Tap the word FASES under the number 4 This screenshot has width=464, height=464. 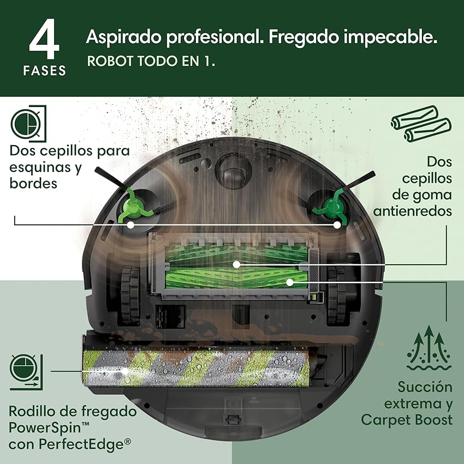pyautogui.click(x=45, y=70)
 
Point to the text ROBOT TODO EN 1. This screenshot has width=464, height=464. pyautogui.click(x=151, y=61)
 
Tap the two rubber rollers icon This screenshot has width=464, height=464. pyautogui.click(x=421, y=124)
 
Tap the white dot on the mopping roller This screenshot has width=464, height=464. pyautogui.click(x=126, y=371)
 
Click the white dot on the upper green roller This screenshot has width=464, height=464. pyautogui.click(x=236, y=264)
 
